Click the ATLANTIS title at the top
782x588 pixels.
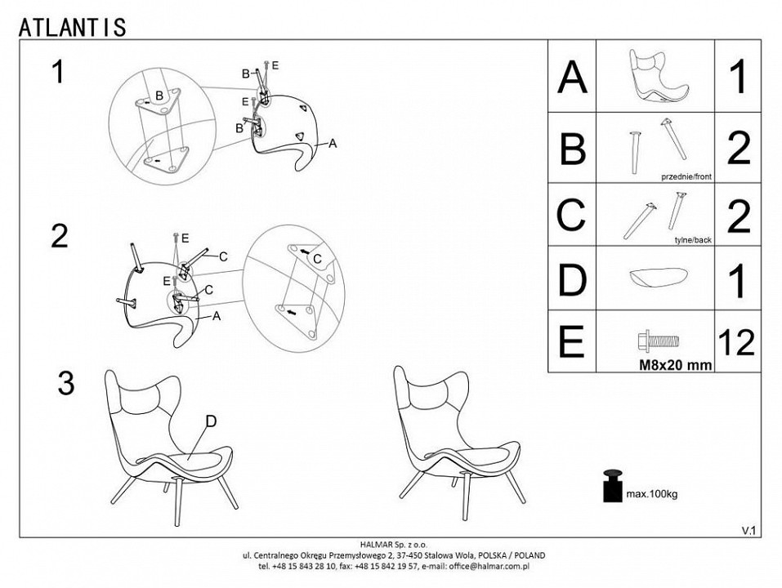(x=72, y=28)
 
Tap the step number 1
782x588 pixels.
(x=59, y=72)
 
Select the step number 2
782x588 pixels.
(x=60, y=236)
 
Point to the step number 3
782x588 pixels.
(x=66, y=383)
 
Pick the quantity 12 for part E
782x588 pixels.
(x=737, y=342)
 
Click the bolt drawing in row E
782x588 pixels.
(x=659, y=341)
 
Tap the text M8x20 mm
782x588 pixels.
(x=676, y=365)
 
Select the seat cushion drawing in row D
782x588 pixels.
(x=659, y=277)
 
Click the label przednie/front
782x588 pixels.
(x=686, y=177)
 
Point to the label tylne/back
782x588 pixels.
(x=693, y=240)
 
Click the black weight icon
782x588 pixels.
(x=613, y=485)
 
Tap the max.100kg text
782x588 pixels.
(x=652, y=495)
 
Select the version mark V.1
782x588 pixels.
(x=748, y=531)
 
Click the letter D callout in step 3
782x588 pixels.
(x=211, y=421)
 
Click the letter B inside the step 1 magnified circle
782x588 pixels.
(x=159, y=96)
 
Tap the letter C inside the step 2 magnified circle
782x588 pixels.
(x=317, y=259)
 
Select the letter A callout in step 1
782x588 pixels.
(x=333, y=144)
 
